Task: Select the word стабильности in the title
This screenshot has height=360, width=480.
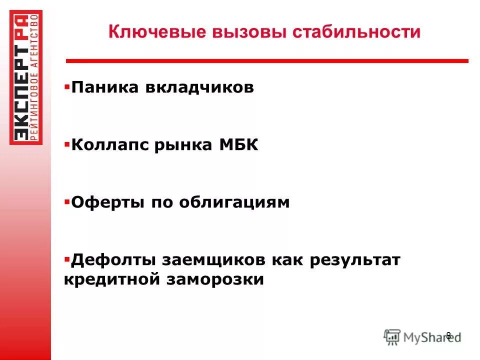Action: [x=356, y=33]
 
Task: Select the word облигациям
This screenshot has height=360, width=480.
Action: [x=234, y=202]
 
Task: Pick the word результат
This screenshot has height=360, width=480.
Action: [x=356, y=260]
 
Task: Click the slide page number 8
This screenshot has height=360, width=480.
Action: [x=448, y=335]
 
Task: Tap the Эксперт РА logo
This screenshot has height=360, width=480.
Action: [x=26, y=77]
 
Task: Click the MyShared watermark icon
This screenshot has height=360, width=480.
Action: [x=392, y=336]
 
